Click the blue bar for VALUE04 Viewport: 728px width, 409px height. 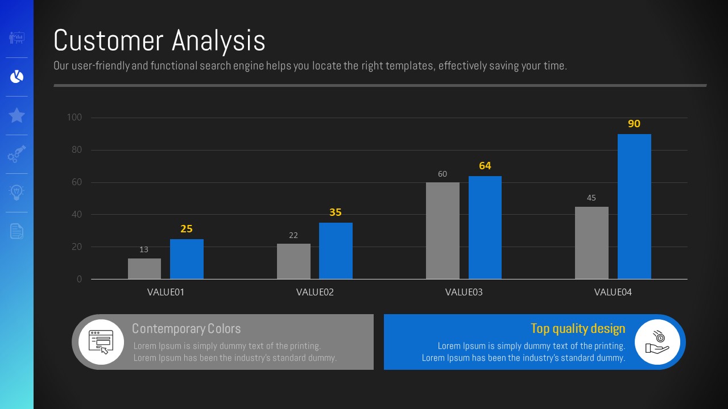pos(634,207)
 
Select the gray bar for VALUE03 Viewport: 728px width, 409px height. pos(442,231)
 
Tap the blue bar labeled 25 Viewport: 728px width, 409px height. pos(187,259)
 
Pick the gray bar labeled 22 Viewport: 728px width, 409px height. pos(293,261)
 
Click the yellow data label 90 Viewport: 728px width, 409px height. pos(634,124)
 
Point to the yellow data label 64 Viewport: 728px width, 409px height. pos(485,166)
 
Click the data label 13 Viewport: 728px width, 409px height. pos(144,249)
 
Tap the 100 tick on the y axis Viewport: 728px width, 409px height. pos(75,118)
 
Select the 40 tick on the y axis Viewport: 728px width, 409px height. pos(76,215)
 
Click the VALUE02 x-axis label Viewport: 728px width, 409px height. pos(315,293)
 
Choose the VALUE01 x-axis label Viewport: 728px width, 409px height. pos(166,293)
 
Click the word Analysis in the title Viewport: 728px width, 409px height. pos(218,41)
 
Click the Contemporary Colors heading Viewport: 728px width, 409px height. pos(187,329)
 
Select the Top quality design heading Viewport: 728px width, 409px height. pos(578,329)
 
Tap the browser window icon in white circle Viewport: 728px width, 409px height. pos(101,342)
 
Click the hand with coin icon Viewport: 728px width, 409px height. pos(657,342)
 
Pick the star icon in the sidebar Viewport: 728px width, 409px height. pos(16,115)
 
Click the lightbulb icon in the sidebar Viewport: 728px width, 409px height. pos(16,192)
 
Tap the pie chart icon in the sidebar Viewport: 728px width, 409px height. pos(16,77)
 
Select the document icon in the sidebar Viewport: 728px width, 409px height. pos(16,231)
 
